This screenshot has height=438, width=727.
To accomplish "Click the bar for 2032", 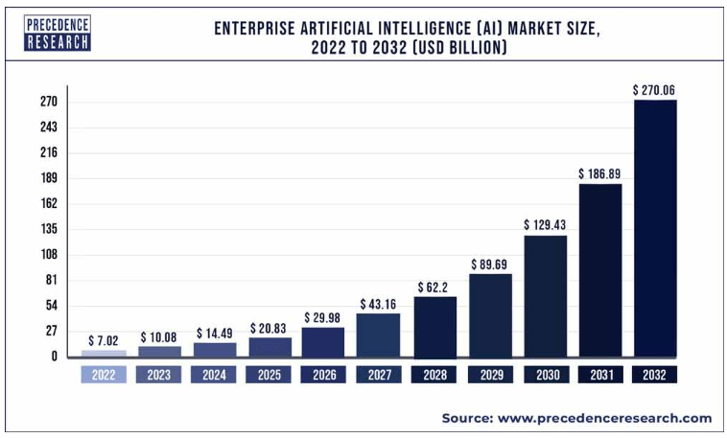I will [x=655, y=228].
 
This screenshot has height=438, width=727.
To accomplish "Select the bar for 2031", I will [x=600, y=270].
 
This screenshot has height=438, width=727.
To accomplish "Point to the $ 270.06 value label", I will [x=655, y=89].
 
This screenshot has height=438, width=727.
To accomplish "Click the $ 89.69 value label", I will [x=490, y=264].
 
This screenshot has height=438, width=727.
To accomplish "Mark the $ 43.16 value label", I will [x=379, y=304].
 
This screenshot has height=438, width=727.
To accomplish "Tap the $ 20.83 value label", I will [x=270, y=328].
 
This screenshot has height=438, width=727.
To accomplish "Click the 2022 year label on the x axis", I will [x=104, y=375].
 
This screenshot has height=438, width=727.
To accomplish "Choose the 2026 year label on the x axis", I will [x=324, y=375].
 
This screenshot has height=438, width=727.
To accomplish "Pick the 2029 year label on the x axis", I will [x=490, y=375].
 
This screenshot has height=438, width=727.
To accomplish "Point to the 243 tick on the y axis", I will [x=49, y=127].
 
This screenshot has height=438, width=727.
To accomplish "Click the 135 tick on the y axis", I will [x=49, y=229].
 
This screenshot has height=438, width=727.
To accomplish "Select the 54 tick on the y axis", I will [x=51, y=306].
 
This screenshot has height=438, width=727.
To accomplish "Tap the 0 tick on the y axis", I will [x=55, y=357].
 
